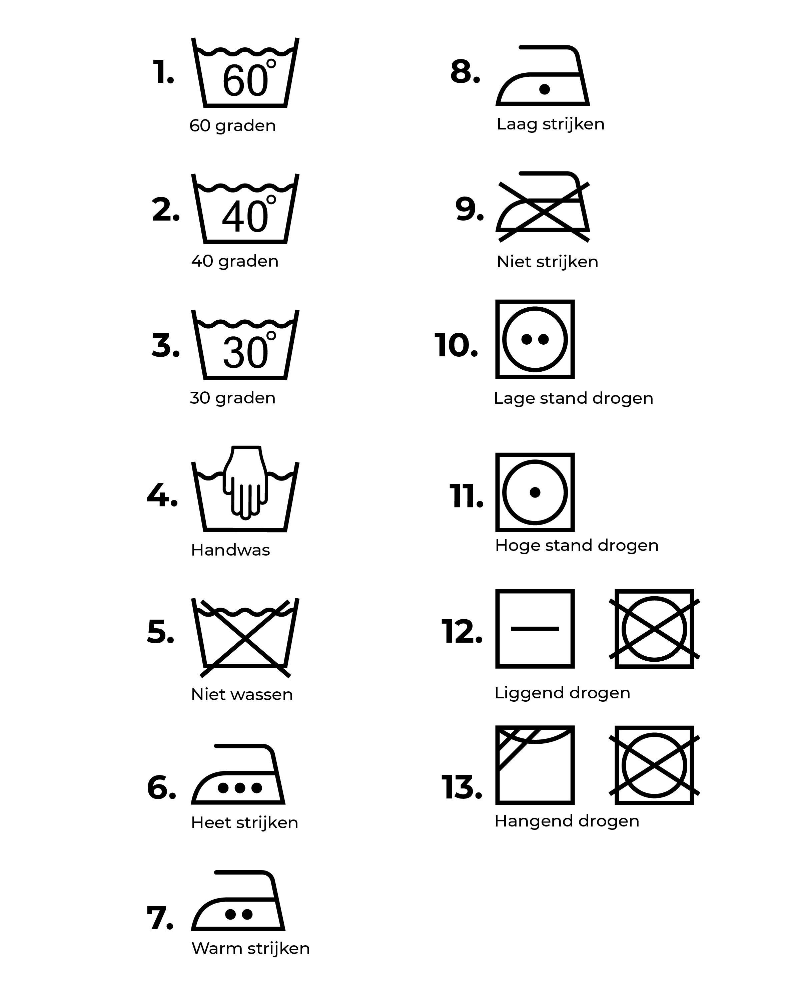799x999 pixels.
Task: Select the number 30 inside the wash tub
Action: (245, 353)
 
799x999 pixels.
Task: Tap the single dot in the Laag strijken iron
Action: (545, 89)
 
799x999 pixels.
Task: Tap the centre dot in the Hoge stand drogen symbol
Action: (535, 492)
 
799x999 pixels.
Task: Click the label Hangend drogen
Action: (567, 821)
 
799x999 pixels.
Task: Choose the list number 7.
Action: (160, 918)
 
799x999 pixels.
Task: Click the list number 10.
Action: (456, 345)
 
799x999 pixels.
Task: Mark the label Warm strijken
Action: (250, 948)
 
